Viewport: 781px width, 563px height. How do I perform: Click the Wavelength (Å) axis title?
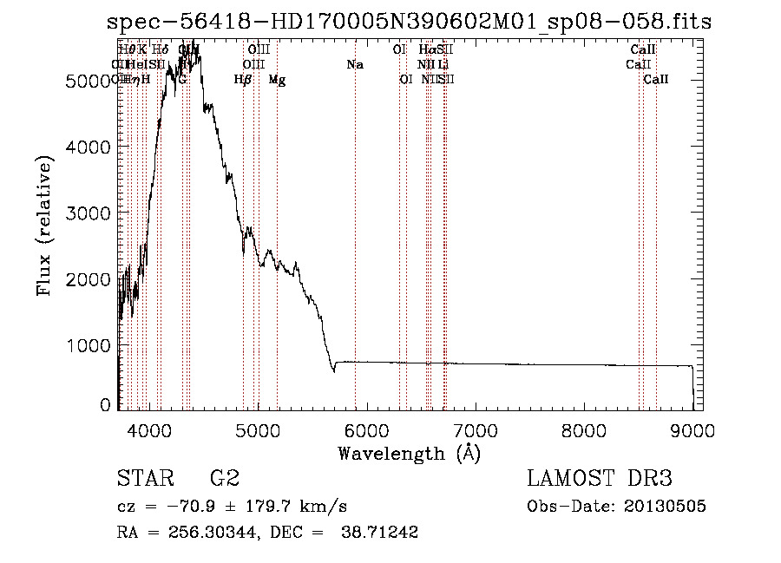409,453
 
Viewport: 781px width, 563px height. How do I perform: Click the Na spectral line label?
354,65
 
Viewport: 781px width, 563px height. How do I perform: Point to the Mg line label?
277,80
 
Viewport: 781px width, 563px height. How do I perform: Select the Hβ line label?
243,80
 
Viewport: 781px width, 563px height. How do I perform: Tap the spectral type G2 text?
224,479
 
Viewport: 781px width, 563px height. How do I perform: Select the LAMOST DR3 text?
600,479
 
